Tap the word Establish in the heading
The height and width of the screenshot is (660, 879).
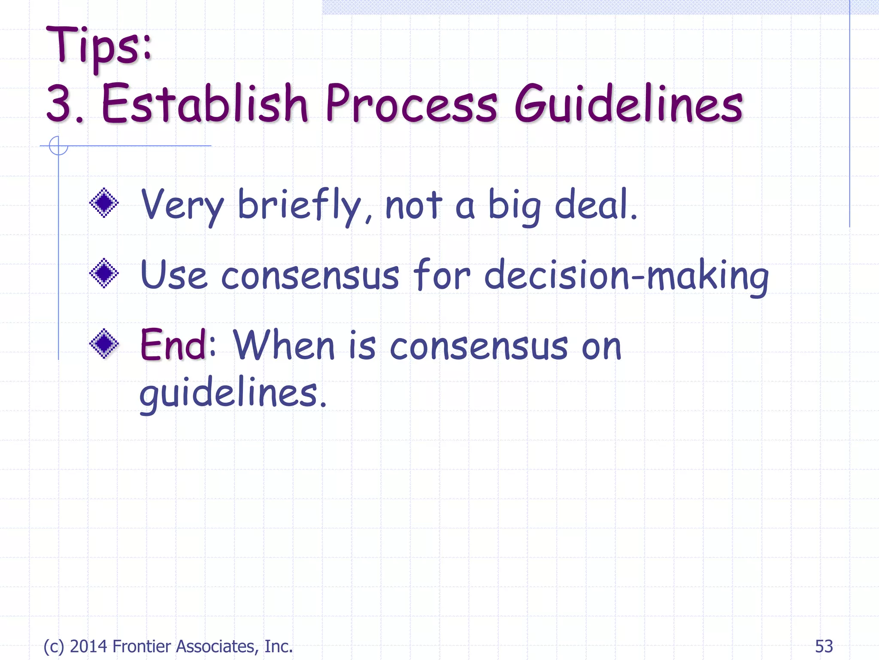click(204, 103)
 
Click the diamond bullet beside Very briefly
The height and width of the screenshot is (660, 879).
click(104, 203)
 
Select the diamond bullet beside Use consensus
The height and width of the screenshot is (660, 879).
click(104, 273)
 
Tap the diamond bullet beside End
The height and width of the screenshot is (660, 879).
click(104, 343)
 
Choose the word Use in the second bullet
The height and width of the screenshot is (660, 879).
click(173, 275)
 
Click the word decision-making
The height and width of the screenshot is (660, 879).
click(626, 276)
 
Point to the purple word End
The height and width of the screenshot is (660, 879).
click(174, 345)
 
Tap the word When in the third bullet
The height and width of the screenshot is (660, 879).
click(284, 345)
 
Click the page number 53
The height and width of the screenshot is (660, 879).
click(824, 646)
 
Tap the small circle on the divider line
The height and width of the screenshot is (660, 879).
click(58, 146)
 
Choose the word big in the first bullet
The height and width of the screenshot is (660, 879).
click(514, 206)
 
